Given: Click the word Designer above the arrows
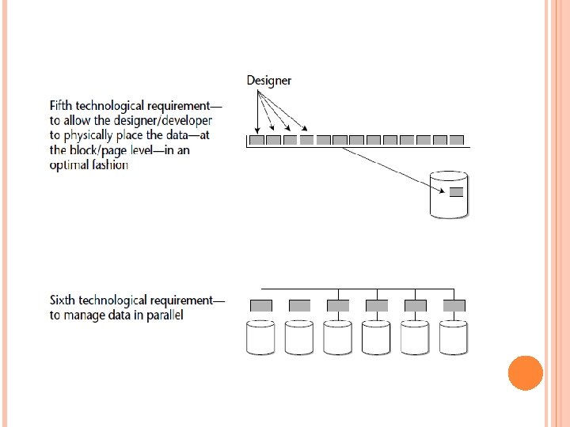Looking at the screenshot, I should coord(268,80).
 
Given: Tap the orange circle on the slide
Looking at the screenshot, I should coord(525,372).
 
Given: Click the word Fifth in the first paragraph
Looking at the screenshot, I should coord(63,105).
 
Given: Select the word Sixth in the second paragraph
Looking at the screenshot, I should coord(64,300).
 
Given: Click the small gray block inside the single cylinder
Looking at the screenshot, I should coord(455,191).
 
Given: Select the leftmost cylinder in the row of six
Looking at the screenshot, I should coord(261,337).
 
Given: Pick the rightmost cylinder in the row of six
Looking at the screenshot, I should coord(454,337).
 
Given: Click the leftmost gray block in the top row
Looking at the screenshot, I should coord(256,140).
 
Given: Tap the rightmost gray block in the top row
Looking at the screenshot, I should coord(457,140).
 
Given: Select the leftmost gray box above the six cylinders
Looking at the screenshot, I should coord(261,305).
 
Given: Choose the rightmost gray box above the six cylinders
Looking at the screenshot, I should coord(454,305).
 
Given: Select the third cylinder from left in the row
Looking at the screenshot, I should coord(339,337).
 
